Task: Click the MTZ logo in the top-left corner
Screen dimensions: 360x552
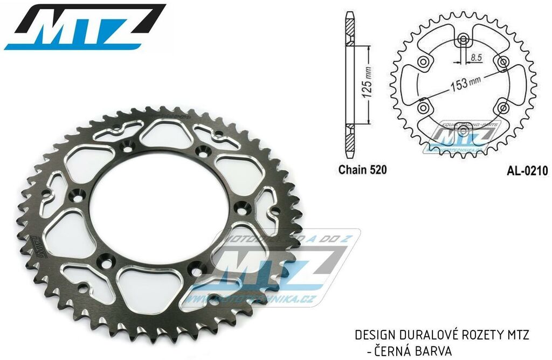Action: click(x=85, y=27)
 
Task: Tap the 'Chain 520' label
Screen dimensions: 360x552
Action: click(x=362, y=170)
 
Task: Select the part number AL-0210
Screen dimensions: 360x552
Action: click(x=527, y=171)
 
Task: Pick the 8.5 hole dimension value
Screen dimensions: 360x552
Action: click(x=476, y=56)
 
